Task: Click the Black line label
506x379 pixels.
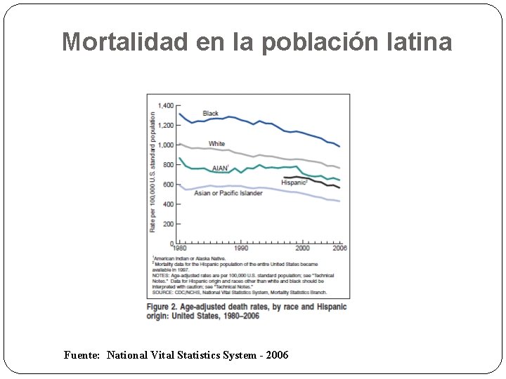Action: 210,114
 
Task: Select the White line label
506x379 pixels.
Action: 216,144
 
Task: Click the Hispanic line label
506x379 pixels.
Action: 294,182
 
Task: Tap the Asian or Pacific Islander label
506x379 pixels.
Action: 228,193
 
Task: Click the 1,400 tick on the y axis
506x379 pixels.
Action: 165,105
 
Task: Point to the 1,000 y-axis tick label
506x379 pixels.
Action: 165,145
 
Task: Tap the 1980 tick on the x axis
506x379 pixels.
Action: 180,248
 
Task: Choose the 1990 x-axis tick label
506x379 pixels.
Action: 240,248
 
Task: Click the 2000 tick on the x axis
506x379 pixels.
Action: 302,248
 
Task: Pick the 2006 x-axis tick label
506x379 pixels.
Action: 339,248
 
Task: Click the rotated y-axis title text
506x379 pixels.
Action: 153,172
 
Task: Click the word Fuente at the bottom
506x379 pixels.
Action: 81,356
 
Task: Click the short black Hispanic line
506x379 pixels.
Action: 316,180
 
